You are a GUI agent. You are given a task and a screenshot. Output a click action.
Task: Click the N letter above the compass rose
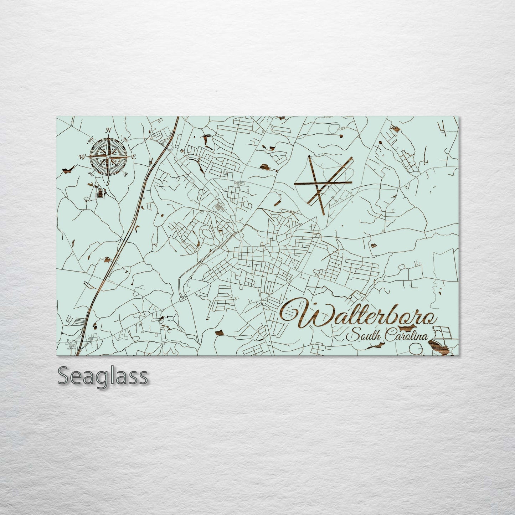click(x=110, y=130)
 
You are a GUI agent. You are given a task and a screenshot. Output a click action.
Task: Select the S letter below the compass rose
click(x=108, y=183)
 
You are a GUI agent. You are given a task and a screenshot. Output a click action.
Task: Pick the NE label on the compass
click(x=126, y=139)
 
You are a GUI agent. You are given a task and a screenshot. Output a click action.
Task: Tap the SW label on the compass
click(x=91, y=174)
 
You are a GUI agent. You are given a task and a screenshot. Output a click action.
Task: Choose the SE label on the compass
click(x=125, y=174)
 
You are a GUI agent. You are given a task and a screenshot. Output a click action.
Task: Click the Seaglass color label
click(x=102, y=376)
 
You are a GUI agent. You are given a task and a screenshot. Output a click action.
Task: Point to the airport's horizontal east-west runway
click(x=323, y=183)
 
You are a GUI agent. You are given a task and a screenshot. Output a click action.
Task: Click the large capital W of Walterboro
click(x=307, y=314)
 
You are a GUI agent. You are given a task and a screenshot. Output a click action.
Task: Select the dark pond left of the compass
click(x=67, y=171)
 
